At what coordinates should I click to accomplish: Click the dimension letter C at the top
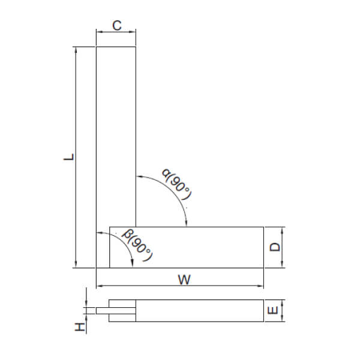tap(117, 25)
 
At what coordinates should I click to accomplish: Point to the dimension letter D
tap(273, 247)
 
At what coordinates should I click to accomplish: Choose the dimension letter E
tap(273, 311)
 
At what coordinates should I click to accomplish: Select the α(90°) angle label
tap(176, 185)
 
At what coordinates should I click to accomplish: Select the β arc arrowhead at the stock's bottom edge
tap(132, 264)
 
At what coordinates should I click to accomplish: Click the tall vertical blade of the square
tap(116, 138)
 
